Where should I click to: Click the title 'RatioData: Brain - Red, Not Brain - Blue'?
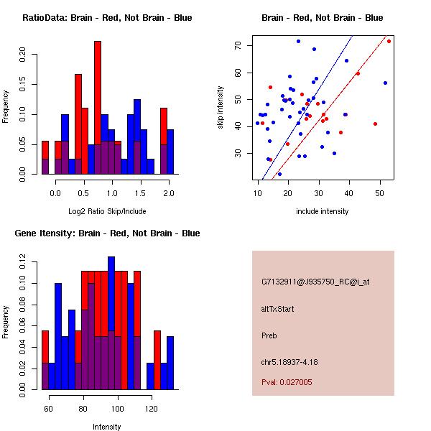coord(107,17)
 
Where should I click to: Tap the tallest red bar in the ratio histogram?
coord(98,108)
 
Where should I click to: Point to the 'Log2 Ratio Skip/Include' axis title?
coord(106,210)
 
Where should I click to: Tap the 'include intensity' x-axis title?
coord(322,210)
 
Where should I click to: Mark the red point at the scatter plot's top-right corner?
coord(389,41)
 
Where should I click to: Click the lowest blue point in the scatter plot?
coord(279,174)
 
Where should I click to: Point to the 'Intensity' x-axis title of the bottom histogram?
coord(106,426)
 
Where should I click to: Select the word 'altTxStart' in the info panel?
coord(278,309)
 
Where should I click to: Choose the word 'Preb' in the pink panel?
coord(269,335)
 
